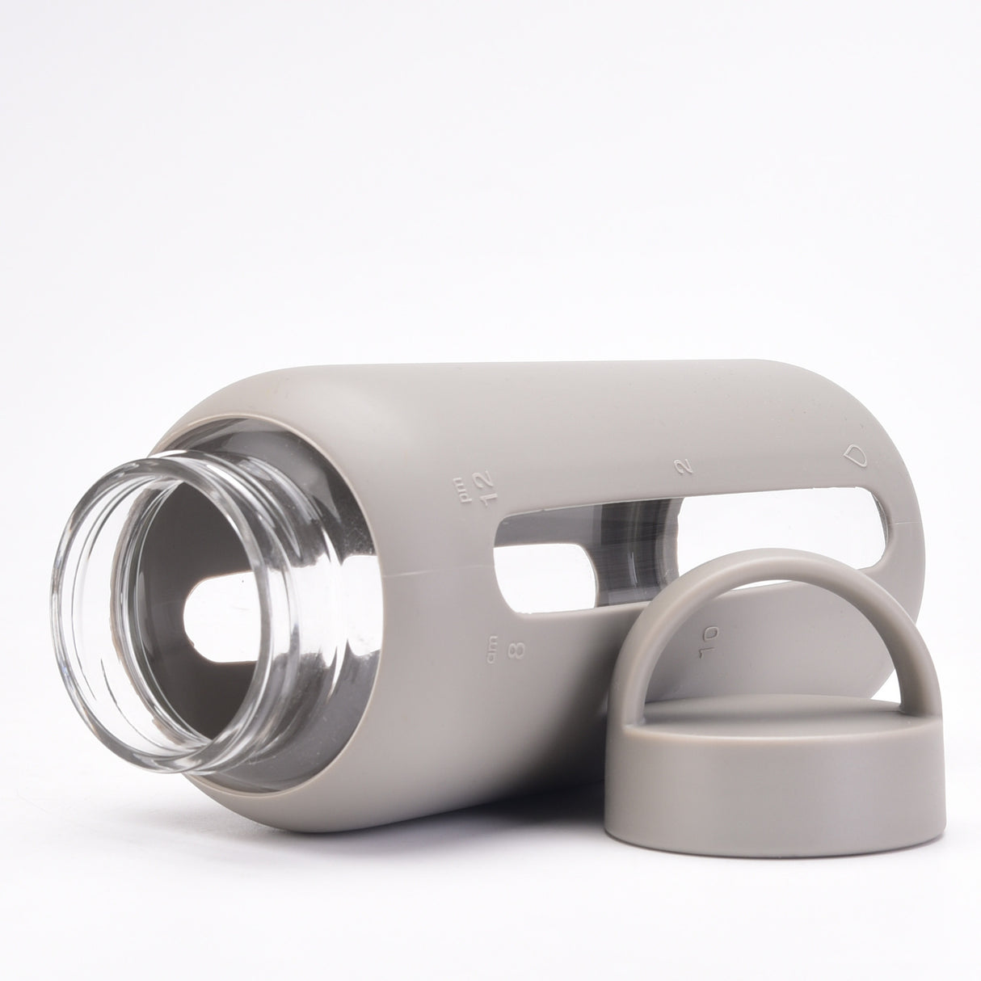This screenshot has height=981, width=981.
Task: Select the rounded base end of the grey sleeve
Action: [x=897, y=453]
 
